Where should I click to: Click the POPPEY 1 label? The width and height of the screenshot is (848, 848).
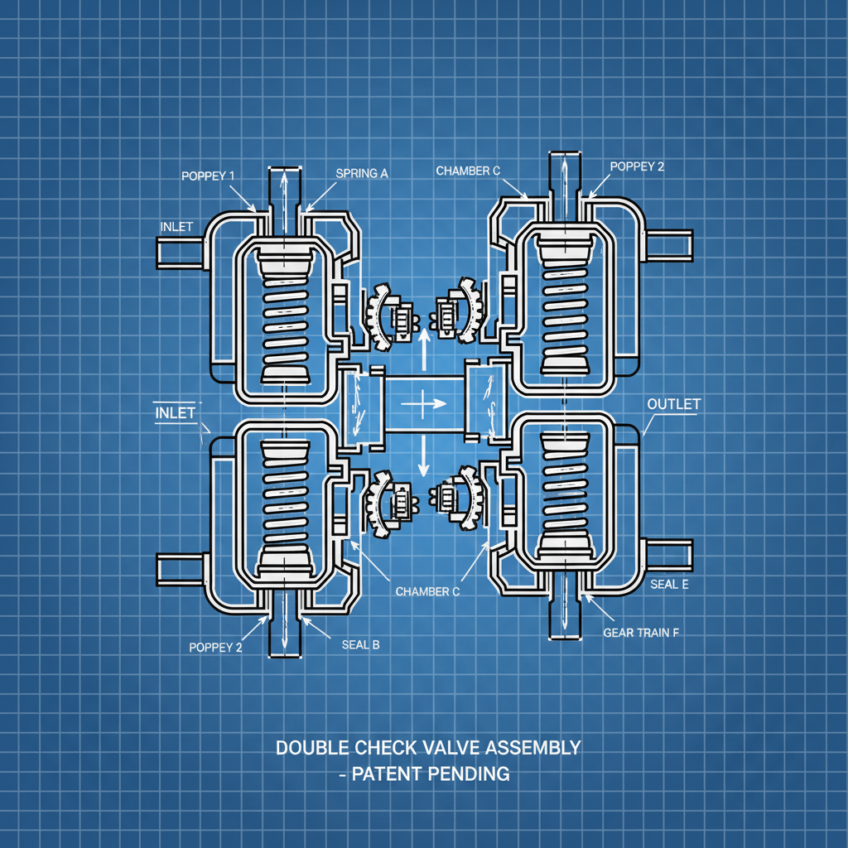coord(208,176)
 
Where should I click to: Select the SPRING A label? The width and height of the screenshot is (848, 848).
coord(362,173)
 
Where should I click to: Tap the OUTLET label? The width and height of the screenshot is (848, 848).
coord(673,404)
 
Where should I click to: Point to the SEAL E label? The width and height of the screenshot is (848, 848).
coord(669,584)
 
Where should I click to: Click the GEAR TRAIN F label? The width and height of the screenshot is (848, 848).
coord(641,633)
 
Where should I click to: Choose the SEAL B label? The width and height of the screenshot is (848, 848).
coord(360,645)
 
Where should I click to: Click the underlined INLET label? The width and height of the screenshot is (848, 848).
coord(175,412)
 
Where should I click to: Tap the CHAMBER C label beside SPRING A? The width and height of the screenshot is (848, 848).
coord(468,171)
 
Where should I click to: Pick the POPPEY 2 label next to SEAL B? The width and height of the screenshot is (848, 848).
coord(215,648)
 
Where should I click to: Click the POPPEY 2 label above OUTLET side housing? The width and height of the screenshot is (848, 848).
coord(637,166)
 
